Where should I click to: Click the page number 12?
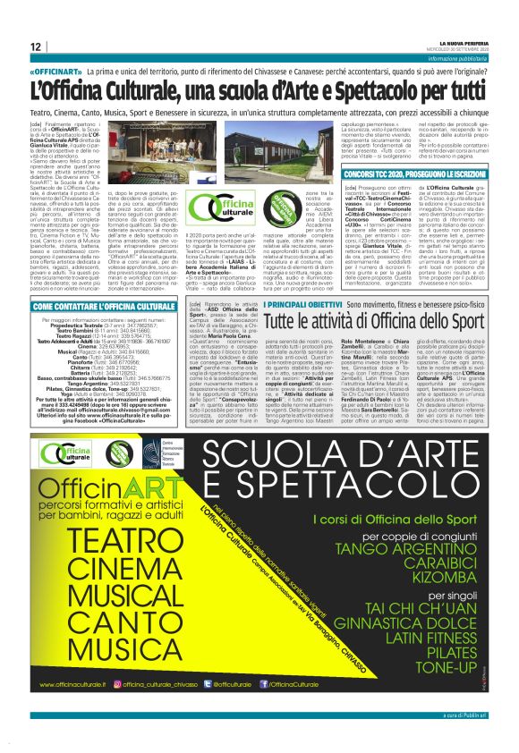point(35,47)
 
